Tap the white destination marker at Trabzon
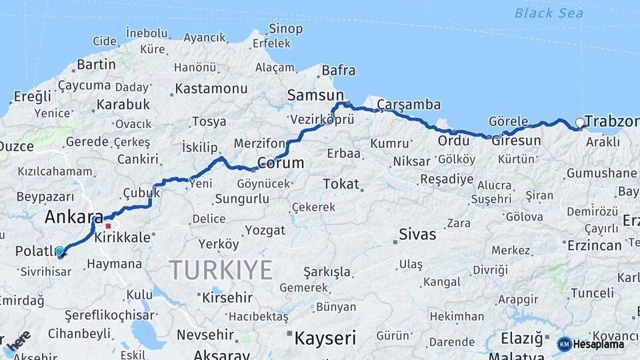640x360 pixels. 580,123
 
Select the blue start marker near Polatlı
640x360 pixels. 60,251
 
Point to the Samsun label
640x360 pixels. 315,95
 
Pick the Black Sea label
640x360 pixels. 549,13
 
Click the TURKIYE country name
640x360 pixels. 221,270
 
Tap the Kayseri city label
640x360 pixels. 325,338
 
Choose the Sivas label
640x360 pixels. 417,234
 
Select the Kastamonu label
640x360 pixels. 212,88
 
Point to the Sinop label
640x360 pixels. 285,29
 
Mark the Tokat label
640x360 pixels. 341,183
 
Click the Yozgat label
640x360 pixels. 265,230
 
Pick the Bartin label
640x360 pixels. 96,65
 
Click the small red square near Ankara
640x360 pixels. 108,226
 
